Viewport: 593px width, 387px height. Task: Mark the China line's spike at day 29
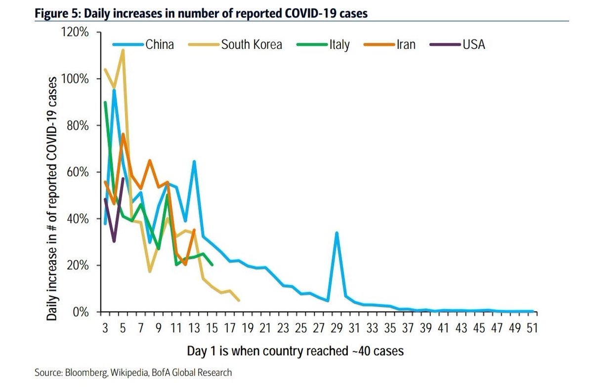coord(337,233)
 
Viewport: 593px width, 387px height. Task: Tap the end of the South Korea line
coord(239,300)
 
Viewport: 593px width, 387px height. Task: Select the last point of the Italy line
coord(212,265)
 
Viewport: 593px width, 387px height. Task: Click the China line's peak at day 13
coord(195,161)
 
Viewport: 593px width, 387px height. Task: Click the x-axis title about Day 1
coord(296,351)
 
